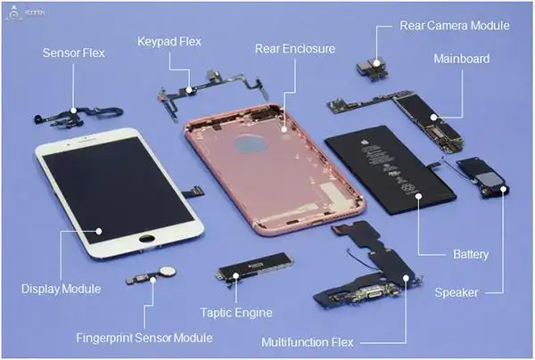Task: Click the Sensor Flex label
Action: tap(74, 53)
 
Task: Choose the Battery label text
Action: tap(471, 255)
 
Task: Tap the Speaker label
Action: tap(456, 292)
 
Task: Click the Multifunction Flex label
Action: tap(308, 342)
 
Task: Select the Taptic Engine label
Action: tap(236, 313)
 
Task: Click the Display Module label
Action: tap(61, 289)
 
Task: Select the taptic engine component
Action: tap(255, 278)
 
